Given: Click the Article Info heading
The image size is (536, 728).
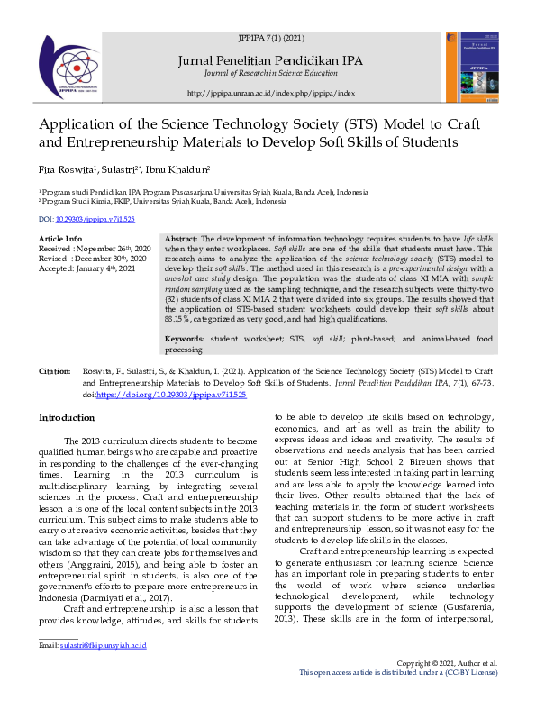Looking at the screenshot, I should click(60, 238).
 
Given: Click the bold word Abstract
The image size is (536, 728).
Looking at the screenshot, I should click(181, 238).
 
